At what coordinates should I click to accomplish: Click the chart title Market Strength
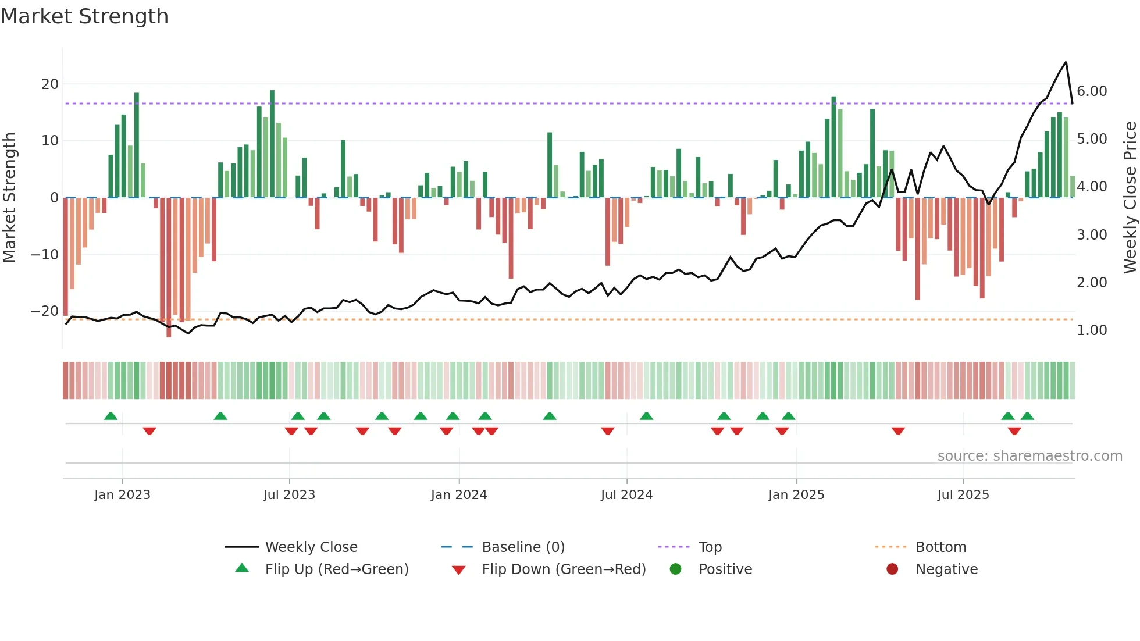[x=84, y=16]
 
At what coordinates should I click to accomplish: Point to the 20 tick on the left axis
[x=50, y=84]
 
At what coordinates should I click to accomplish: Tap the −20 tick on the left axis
[x=45, y=311]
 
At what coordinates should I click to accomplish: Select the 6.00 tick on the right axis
[x=1092, y=91]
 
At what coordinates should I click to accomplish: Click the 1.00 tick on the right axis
[x=1092, y=330]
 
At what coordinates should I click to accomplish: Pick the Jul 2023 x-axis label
[x=289, y=495]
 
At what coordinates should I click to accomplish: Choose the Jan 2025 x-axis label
[x=796, y=495]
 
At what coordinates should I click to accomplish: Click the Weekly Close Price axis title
[x=1130, y=198]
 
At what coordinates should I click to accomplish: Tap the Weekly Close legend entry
[x=311, y=547]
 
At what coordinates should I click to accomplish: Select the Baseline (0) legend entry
[x=523, y=547]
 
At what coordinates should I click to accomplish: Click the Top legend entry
[x=710, y=547]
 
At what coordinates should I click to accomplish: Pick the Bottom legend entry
[x=940, y=547]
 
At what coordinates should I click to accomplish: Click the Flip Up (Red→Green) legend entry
[x=337, y=569]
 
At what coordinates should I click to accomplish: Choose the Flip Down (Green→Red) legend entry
[x=564, y=569]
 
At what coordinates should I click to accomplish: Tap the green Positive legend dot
[x=675, y=569]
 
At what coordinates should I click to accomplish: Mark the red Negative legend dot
[x=892, y=569]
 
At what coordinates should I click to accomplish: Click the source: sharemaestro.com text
[x=1029, y=456]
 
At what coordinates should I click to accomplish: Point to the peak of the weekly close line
[x=1066, y=62]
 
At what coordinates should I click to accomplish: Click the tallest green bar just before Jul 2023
[x=272, y=93]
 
